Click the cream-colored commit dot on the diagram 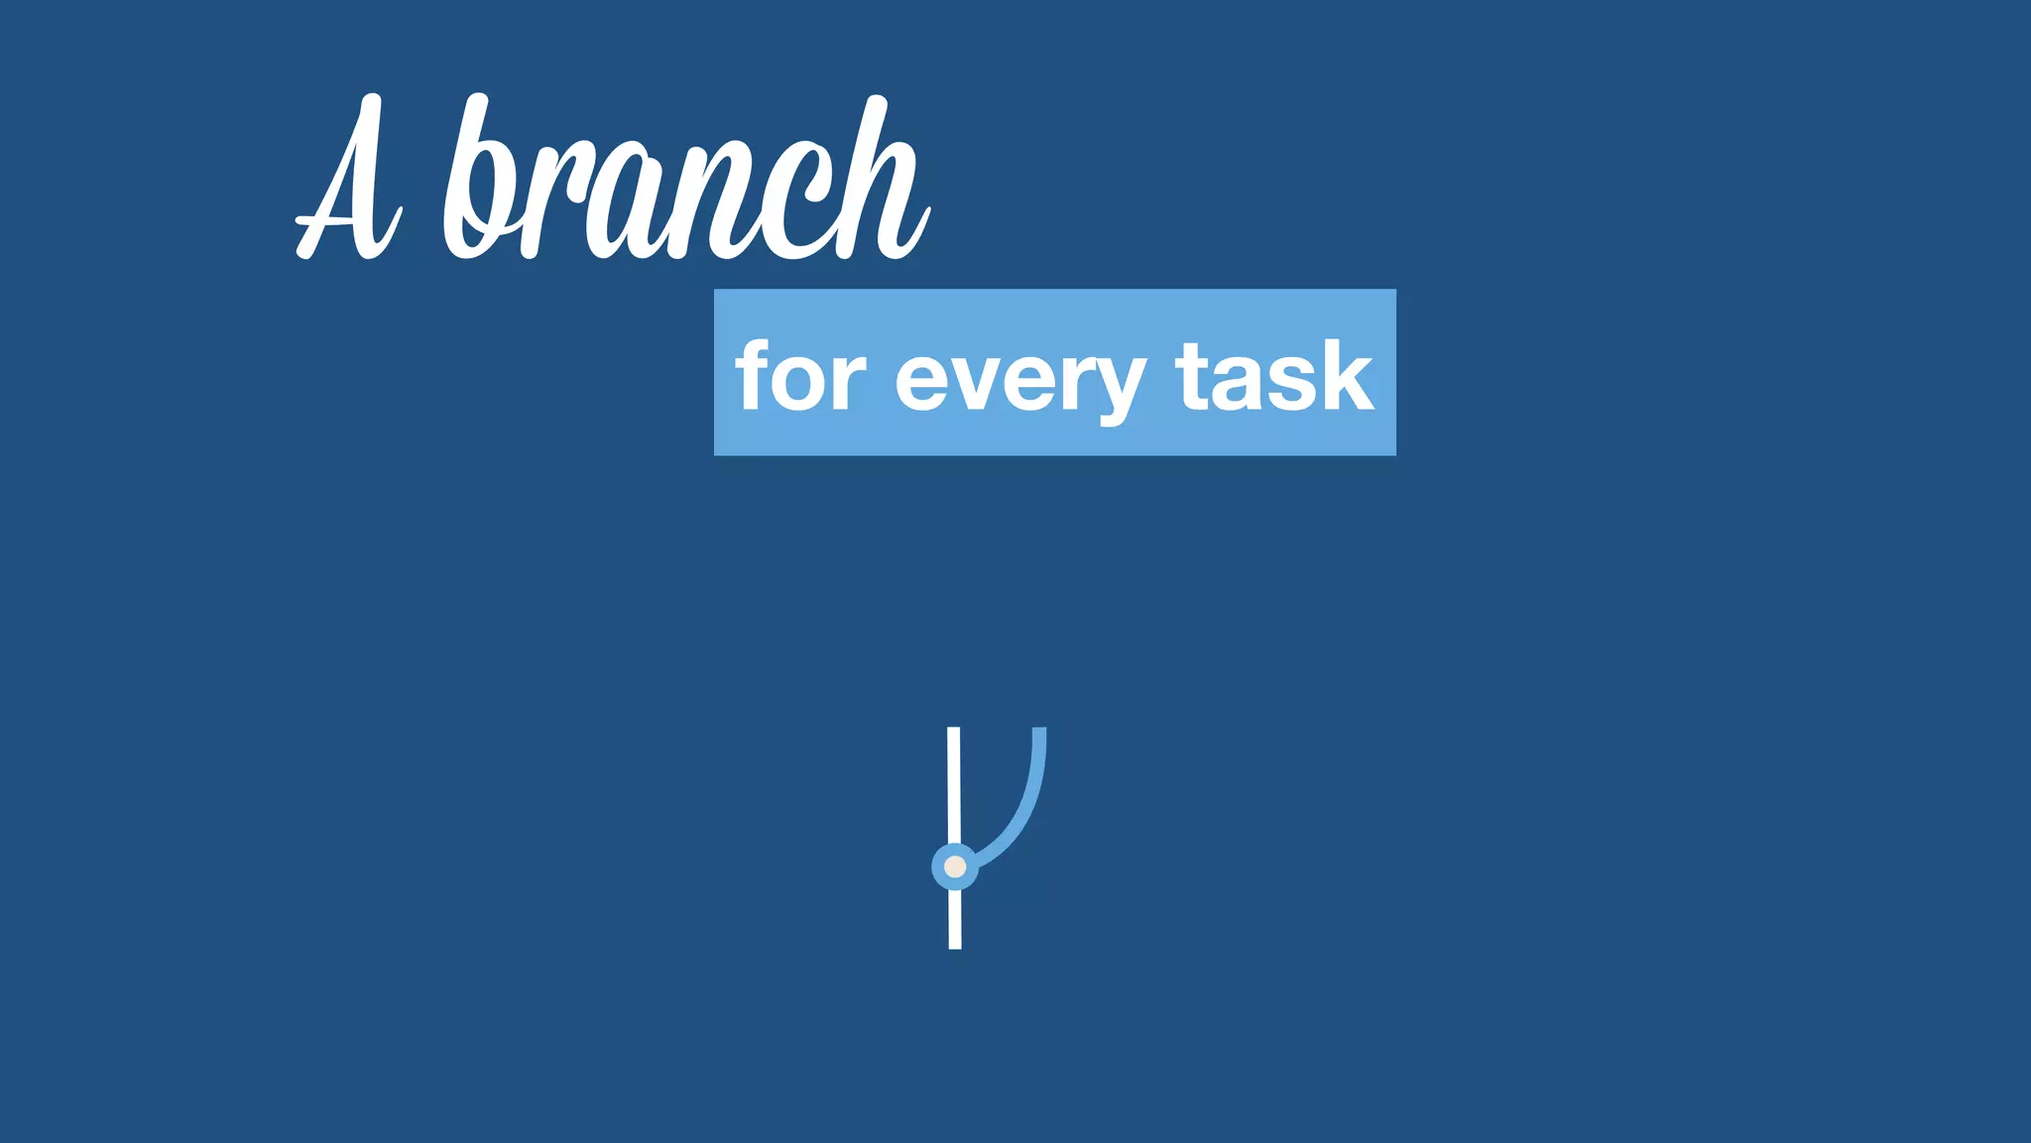[955, 867]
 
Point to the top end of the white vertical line [953, 732]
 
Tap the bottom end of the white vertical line [955, 944]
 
